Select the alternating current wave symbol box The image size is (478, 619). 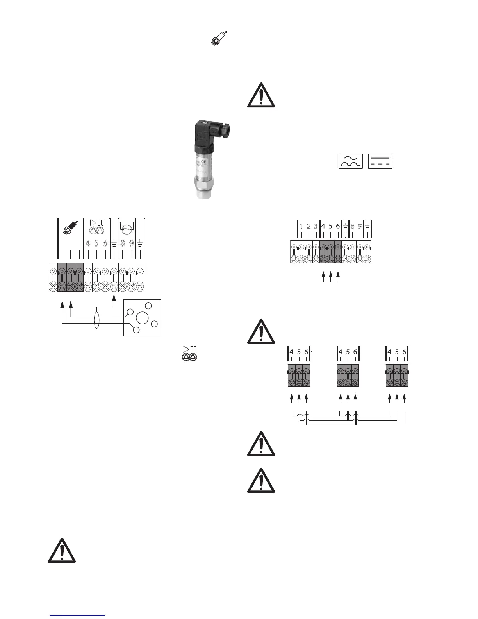pyautogui.click(x=350, y=161)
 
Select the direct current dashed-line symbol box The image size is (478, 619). pyautogui.click(x=380, y=161)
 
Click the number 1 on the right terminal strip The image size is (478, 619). pyautogui.click(x=301, y=226)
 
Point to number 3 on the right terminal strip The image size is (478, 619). pyautogui.click(x=316, y=226)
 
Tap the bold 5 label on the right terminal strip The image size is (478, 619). pyautogui.click(x=330, y=226)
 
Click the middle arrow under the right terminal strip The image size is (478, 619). pyautogui.click(x=330, y=277)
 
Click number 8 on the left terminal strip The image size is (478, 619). pyautogui.click(x=123, y=243)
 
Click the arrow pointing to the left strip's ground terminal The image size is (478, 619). pyautogui.click(x=114, y=298)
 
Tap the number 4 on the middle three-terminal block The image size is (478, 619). pyautogui.click(x=341, y=352)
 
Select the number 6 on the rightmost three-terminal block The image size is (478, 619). pyautogui.click(x=404, y=352)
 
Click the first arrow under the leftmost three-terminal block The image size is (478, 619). pyautogui.click(x=291, y=398)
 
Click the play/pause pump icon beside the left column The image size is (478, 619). pyautogui.click(x=190, y=353)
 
